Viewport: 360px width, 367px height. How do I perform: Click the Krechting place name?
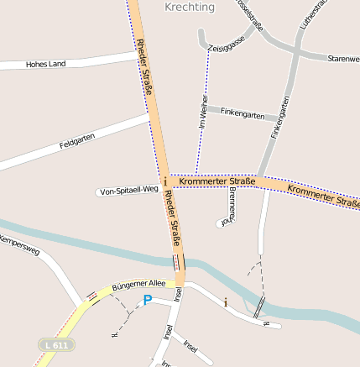coord(190,8)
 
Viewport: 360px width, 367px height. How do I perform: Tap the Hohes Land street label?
coord(45,64)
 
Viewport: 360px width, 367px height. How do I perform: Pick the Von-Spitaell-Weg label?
coord(128,190)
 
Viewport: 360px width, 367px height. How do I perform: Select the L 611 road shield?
coord(56,345)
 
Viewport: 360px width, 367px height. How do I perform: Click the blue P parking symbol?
coord(148,300)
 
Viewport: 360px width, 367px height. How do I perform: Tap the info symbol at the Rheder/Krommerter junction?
coord(165,181)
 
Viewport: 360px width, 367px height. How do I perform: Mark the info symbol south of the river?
coord(224,301)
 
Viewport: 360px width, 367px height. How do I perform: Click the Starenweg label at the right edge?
coord(343,60)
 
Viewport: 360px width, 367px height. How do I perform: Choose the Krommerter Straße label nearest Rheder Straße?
coord(219,181)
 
